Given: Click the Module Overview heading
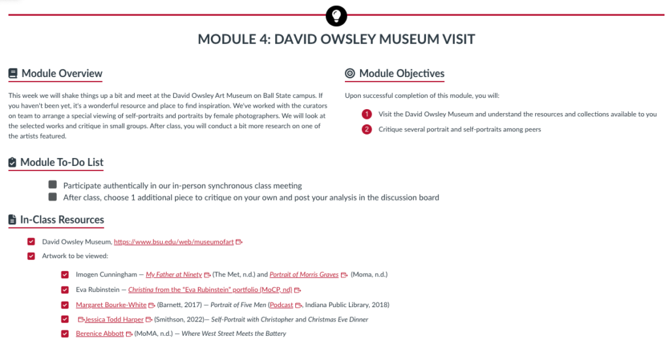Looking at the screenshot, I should point(61,73).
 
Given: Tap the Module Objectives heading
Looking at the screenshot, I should point(401,73).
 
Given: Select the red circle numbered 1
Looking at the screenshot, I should point(367,114).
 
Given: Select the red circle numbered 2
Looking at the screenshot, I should point(367,129).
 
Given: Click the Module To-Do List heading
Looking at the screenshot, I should point(61,162).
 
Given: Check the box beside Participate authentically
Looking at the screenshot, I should point(53,185).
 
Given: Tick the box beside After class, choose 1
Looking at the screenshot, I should point(53,197).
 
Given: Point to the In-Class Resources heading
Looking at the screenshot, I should point(61,220).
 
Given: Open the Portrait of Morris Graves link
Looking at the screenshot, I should point(304,274).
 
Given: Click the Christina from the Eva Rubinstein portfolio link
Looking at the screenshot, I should point(210,289).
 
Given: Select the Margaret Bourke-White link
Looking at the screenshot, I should point(111,304).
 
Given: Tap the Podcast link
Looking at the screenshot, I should point(282,304).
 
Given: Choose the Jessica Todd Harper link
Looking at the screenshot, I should point(114,319).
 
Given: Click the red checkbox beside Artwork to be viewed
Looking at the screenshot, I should point(31,256).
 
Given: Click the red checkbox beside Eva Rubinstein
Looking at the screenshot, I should point(65,289).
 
